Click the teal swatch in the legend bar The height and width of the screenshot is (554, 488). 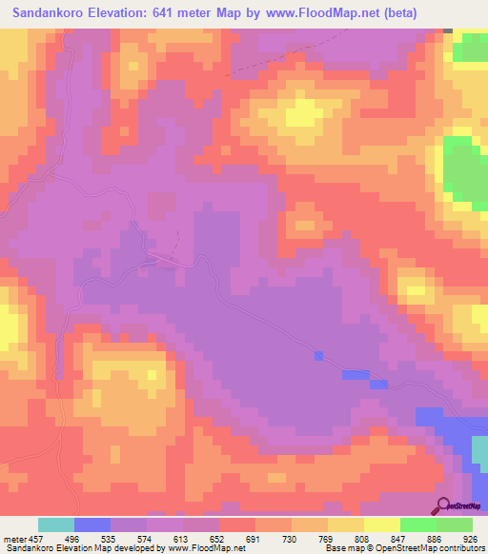(x=55, y=524)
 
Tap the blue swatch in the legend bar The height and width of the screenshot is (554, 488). (x=92, y=524)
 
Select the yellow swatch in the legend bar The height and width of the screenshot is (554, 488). (x=381, y=524)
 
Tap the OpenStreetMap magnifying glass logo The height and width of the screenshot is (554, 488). (x=443, y=506)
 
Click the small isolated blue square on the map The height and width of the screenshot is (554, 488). (x=317, y=356)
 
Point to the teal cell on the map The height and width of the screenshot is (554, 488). (x=448, y=30)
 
